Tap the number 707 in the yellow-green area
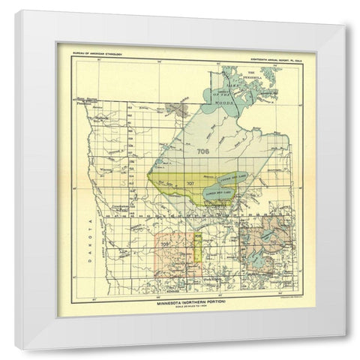pos(190,183)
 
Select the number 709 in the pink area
pos(164,241)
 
